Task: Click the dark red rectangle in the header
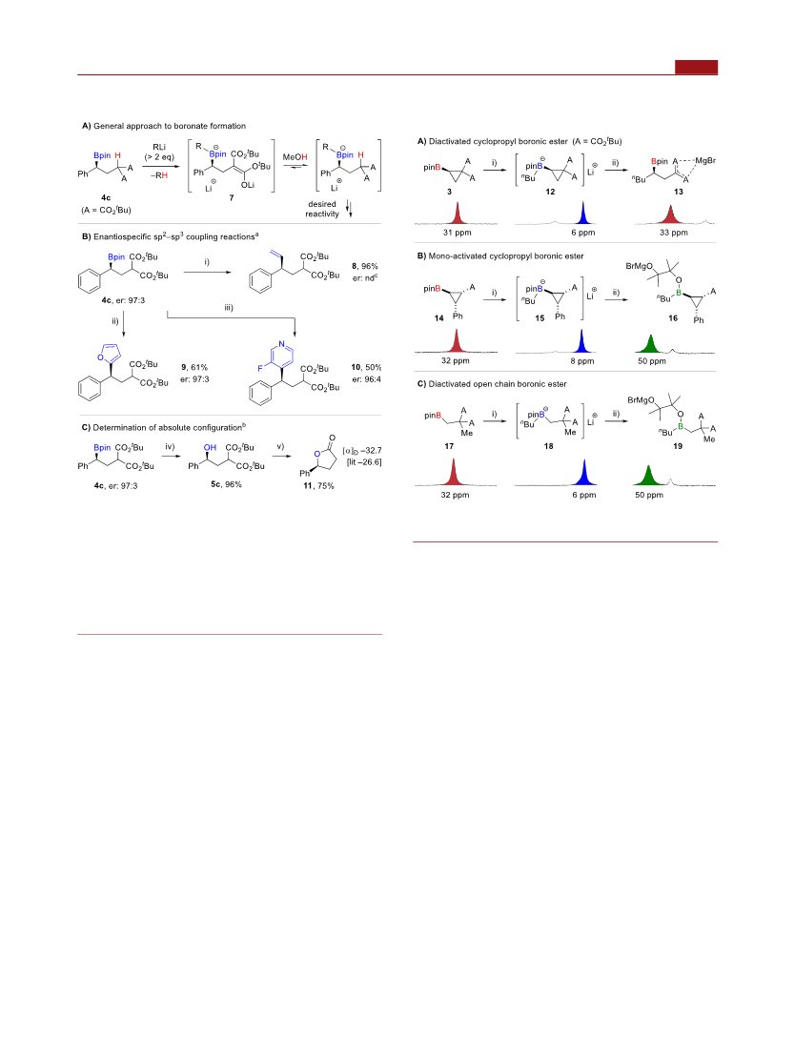(x=696, y=67)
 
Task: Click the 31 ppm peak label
(x=457, y=233)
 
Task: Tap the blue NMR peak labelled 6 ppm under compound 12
(x=583, y=213)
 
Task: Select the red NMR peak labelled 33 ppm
(x=671, y=214)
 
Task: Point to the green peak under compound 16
(x=650, y=343)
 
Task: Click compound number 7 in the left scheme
(x=232, y=197)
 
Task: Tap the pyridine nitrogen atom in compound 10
(x=281, y=344)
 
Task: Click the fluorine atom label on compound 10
(x=260, y=367)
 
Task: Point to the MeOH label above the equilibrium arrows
(x=295, y=157)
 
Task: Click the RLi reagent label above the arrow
(x=159, y=147)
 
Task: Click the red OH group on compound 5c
(x=210, y=448)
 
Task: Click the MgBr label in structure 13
(x=705, y=161)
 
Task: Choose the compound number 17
(x=449, y=446)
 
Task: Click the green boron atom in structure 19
(x=680, y=426)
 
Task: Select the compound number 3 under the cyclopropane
(x=449, y=192)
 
